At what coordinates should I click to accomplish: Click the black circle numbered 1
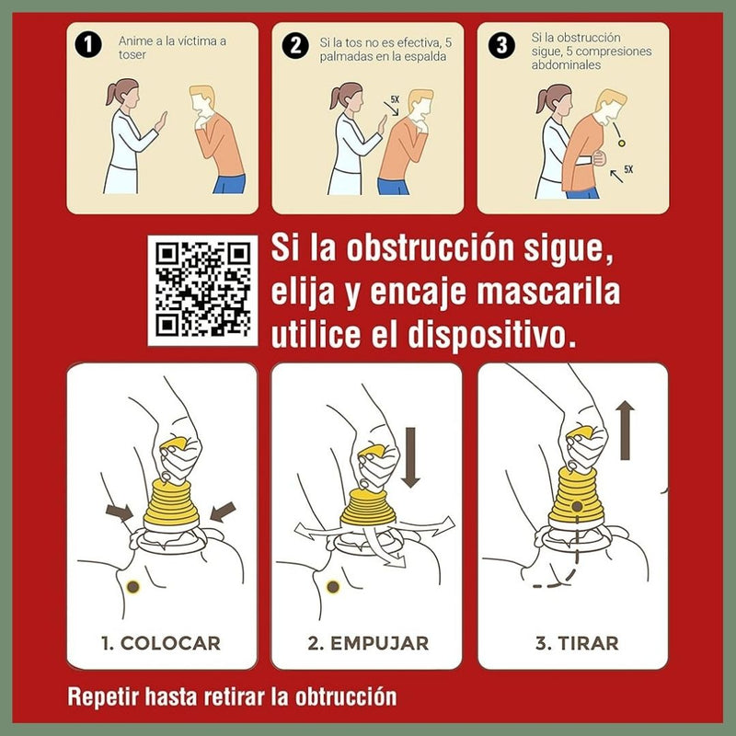coord(88,45)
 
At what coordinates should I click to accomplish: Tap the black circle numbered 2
coord(295,45)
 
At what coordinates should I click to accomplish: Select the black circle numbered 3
coord(501,45)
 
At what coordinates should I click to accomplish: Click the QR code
coord(202,290)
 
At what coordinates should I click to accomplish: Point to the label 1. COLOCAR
coord(161,643)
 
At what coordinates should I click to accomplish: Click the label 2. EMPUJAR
coord(368,643)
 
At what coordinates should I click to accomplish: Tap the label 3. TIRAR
coord(577,643)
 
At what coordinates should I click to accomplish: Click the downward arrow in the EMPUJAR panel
coord(410,457)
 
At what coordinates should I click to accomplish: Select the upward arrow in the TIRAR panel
coord(625,430)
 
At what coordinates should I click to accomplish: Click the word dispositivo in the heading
coord(491,335)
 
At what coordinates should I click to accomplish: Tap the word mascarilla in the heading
coord(548,291)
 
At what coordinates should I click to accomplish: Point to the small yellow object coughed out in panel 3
coord(622,143)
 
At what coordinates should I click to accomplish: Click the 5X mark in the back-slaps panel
coord(395,99)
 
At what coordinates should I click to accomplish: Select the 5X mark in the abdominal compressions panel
coord(628,169)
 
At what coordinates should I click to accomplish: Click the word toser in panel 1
coord(132,55)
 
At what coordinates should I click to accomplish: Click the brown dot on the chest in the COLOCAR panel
coord(133,586)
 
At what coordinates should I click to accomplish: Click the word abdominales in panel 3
coord(566,64)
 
